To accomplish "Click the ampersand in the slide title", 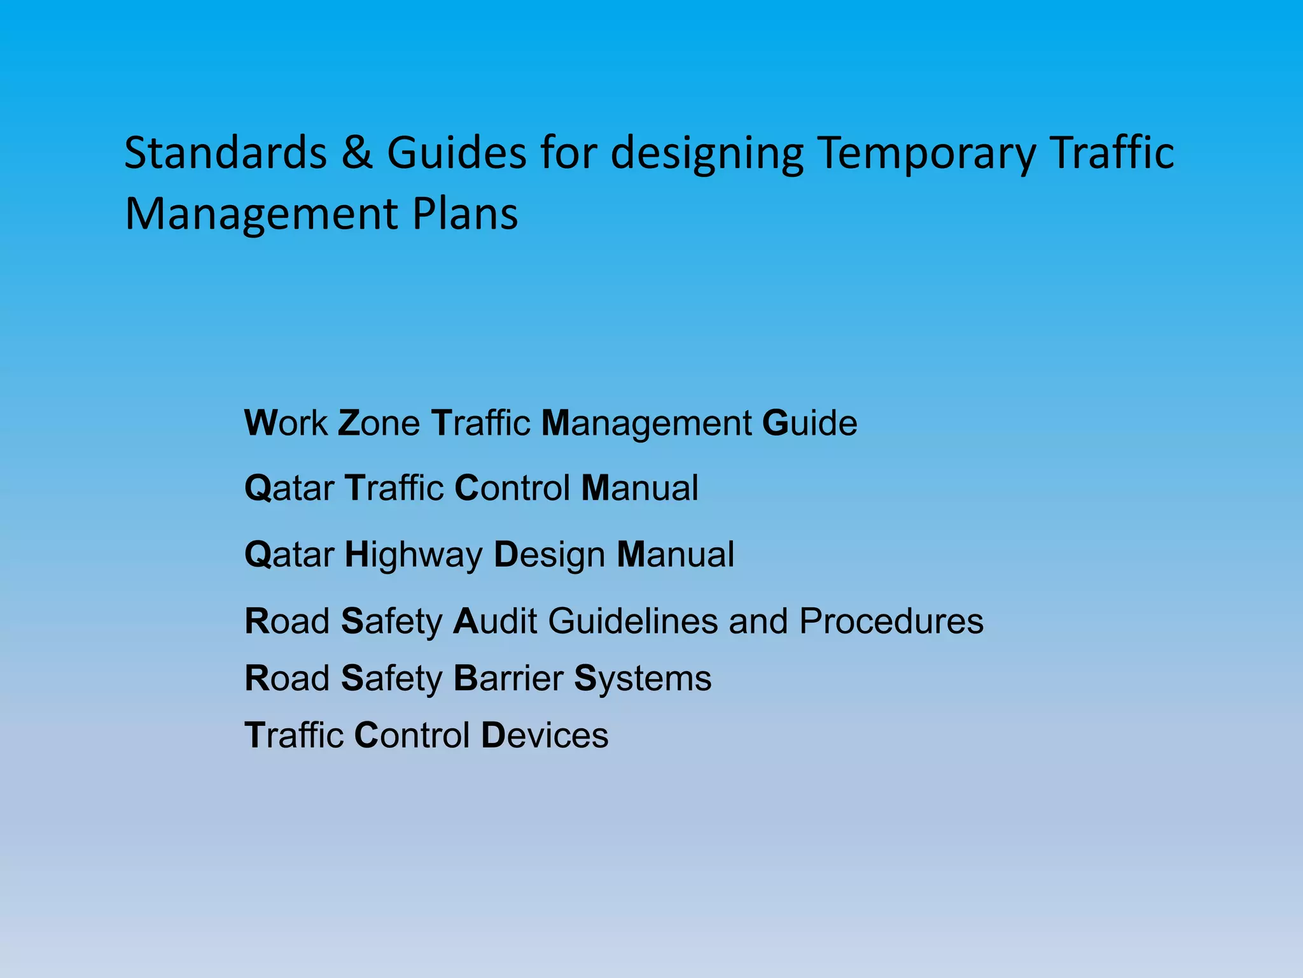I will point(357,153).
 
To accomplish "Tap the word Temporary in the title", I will point(927,153).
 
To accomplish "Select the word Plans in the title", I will point(465,213).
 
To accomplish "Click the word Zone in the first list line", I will point(379,423).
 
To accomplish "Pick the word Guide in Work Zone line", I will point(809,423).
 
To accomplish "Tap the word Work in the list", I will point(286,423).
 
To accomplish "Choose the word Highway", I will point(414,555).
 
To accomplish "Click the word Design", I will point(550,555).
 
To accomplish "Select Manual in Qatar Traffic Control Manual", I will point(640,488).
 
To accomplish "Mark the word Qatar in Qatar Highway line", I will point(289,555).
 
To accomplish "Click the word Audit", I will point(495,621).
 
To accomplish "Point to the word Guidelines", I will point(632,621).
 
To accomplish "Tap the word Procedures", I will point(891,621).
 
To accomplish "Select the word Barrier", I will point(508,678).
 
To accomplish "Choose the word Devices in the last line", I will point(545,735).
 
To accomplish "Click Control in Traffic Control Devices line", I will point(412,735).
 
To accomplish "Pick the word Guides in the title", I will point(457,153).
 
